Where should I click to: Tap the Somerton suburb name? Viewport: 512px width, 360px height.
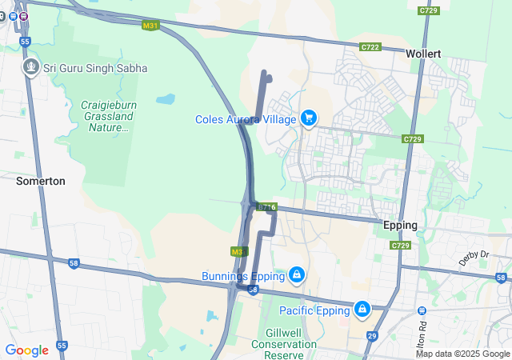click(41, 182)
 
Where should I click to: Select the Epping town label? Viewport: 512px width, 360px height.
click(400, 225)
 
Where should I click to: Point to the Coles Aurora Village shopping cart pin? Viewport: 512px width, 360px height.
click(308, 119)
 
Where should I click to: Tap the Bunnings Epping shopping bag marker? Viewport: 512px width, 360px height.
click(297, 275)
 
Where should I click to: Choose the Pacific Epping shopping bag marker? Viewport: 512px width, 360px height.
click(362, 308)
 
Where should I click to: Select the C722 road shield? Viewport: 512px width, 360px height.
click(370, 48)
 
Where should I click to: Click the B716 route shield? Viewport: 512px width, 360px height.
click(266, 208)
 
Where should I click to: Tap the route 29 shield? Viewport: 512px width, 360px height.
click(372, 337)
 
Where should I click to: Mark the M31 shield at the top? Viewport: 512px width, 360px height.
click(150, 26)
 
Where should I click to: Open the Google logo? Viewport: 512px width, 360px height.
click(26, 350)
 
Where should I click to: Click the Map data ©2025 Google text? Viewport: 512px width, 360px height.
click(462, 354)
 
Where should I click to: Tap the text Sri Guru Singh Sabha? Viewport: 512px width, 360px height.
click(95, 69)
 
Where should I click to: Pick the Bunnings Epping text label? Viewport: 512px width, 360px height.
click(243, 276)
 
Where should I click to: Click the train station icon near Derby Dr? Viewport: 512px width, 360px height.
click(422, 310)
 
